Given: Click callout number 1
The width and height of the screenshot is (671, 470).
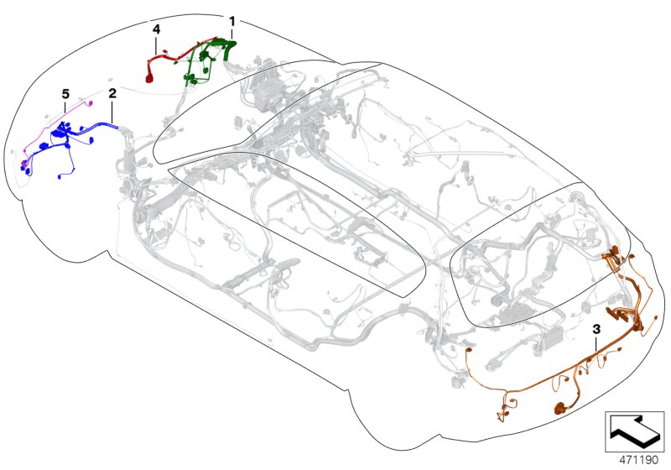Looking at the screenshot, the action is pos(232,21).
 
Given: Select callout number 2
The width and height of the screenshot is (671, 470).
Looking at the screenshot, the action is pos(112,93).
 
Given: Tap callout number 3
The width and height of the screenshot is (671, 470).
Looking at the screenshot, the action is pos(596,329).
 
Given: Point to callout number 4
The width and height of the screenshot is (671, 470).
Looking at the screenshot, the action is pos(156,29).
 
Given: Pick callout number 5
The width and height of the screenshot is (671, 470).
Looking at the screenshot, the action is pos(65,94).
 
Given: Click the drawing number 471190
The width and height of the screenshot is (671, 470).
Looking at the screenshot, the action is pos(639,460).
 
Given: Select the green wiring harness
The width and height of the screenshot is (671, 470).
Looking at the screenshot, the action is pos(209,60).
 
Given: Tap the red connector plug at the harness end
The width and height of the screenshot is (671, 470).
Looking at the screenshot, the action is pos(150,78).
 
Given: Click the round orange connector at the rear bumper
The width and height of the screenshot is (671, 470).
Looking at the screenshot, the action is pos(559,409).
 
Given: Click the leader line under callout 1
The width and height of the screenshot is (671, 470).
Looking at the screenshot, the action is pos(232,34).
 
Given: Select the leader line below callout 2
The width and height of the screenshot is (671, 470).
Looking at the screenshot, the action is pos(112,112).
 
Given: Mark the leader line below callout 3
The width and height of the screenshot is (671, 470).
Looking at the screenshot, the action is pos(596,344).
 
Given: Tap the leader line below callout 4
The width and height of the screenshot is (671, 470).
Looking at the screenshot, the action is pos(156,45).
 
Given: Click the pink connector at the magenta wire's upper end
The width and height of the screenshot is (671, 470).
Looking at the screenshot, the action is pos(90,102).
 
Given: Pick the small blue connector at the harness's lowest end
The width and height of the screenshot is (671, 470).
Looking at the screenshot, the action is pos(60,176).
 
